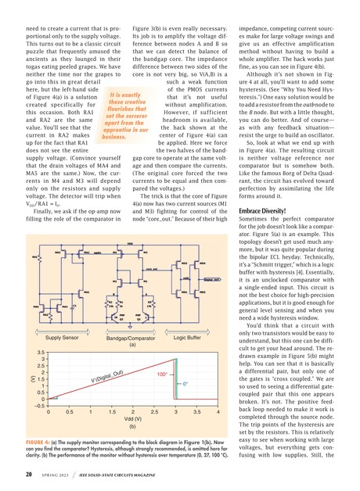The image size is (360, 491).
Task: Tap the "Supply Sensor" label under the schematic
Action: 62,360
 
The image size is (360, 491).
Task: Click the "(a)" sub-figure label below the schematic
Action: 132,367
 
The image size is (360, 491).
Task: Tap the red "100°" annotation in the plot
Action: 165,397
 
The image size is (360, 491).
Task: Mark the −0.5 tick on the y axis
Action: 37,427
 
